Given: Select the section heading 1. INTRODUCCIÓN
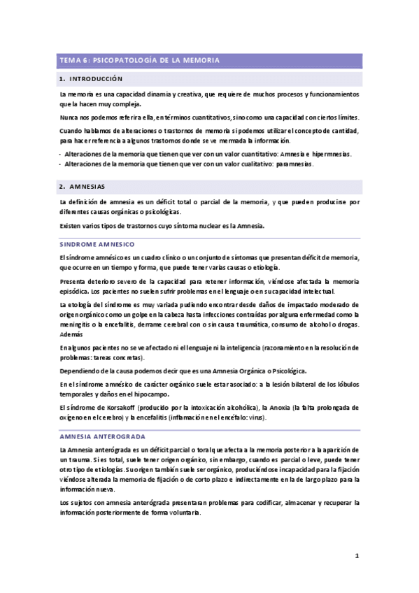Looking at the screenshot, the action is pos(91,79).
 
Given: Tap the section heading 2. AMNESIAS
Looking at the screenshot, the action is pos(83,187).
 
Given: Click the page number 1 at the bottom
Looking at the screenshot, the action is pos(356,557).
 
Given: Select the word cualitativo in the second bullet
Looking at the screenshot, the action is pos(250,164).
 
